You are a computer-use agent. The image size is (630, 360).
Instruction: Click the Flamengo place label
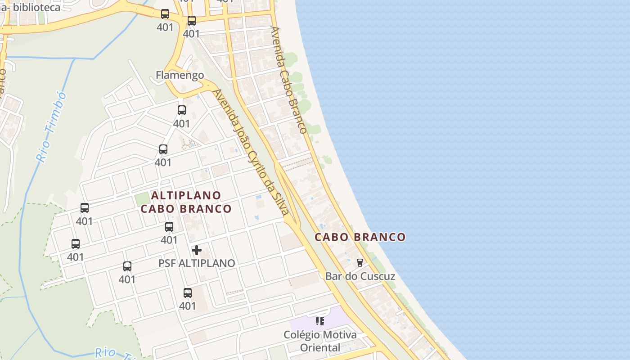[x=180, y=75]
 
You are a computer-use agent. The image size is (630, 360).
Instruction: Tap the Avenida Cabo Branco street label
[x=288, y=80]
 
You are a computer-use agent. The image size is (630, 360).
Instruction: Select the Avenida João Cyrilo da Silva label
[x=250, y=152]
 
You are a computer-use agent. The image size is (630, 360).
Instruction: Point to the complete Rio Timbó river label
[x=51, y=126]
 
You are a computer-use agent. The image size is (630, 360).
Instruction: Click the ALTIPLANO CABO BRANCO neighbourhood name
[x=186, y=202]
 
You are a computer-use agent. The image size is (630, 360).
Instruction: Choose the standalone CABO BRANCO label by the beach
[x=360, y=237]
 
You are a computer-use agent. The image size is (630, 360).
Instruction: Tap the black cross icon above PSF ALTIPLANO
[x=197, y=250]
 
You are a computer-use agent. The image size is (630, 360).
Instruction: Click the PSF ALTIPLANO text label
[x=197, y=263]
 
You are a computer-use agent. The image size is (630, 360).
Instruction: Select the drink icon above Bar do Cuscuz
[x=360, y=262]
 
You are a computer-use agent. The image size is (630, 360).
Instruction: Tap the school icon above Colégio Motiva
[x=320, y=321]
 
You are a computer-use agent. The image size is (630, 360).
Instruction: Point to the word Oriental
[x=320, y=347]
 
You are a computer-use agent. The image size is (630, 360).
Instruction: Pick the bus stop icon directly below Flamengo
[x=182, y=110]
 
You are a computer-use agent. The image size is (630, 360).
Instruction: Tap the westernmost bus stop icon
[x=76, y=244]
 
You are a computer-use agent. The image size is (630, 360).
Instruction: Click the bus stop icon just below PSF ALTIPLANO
[x=188, y=293]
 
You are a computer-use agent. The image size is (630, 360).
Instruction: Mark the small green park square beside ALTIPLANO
[x=142, y=198]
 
